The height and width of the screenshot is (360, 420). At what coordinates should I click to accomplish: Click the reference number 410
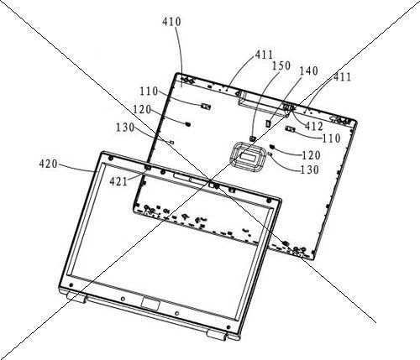[171, 22]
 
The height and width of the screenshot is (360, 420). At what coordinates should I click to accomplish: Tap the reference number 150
[281, 66]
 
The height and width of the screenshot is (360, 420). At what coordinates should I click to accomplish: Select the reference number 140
[309, 71]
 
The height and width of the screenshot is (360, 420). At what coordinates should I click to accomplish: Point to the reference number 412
[314, 127]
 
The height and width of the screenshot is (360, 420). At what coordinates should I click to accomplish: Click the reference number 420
[49, 164]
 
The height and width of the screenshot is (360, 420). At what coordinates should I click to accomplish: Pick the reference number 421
[118, 182]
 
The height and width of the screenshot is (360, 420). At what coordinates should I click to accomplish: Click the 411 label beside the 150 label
[264, 55]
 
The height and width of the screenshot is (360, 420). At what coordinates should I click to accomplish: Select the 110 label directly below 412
[331, 138]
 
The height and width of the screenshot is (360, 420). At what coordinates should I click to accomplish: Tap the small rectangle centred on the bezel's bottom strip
[150, 304]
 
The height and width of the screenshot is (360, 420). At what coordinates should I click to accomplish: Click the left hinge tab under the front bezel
[76, 297]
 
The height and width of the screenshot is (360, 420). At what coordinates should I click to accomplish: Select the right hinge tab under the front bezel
[216, 335]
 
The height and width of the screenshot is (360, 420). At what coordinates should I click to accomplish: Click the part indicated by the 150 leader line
[252, 138]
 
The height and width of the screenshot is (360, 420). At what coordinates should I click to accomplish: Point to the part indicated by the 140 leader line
[268, 123]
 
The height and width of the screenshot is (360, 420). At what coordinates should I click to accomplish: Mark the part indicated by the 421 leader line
[148, 167]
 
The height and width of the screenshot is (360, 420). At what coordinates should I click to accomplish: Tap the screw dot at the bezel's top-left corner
[110, 159]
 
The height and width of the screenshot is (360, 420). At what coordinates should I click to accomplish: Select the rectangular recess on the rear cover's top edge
[263, 103]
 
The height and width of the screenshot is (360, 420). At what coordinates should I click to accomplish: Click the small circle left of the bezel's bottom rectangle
[123, 299]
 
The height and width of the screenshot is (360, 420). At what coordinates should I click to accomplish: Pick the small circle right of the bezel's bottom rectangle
[176, 314]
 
